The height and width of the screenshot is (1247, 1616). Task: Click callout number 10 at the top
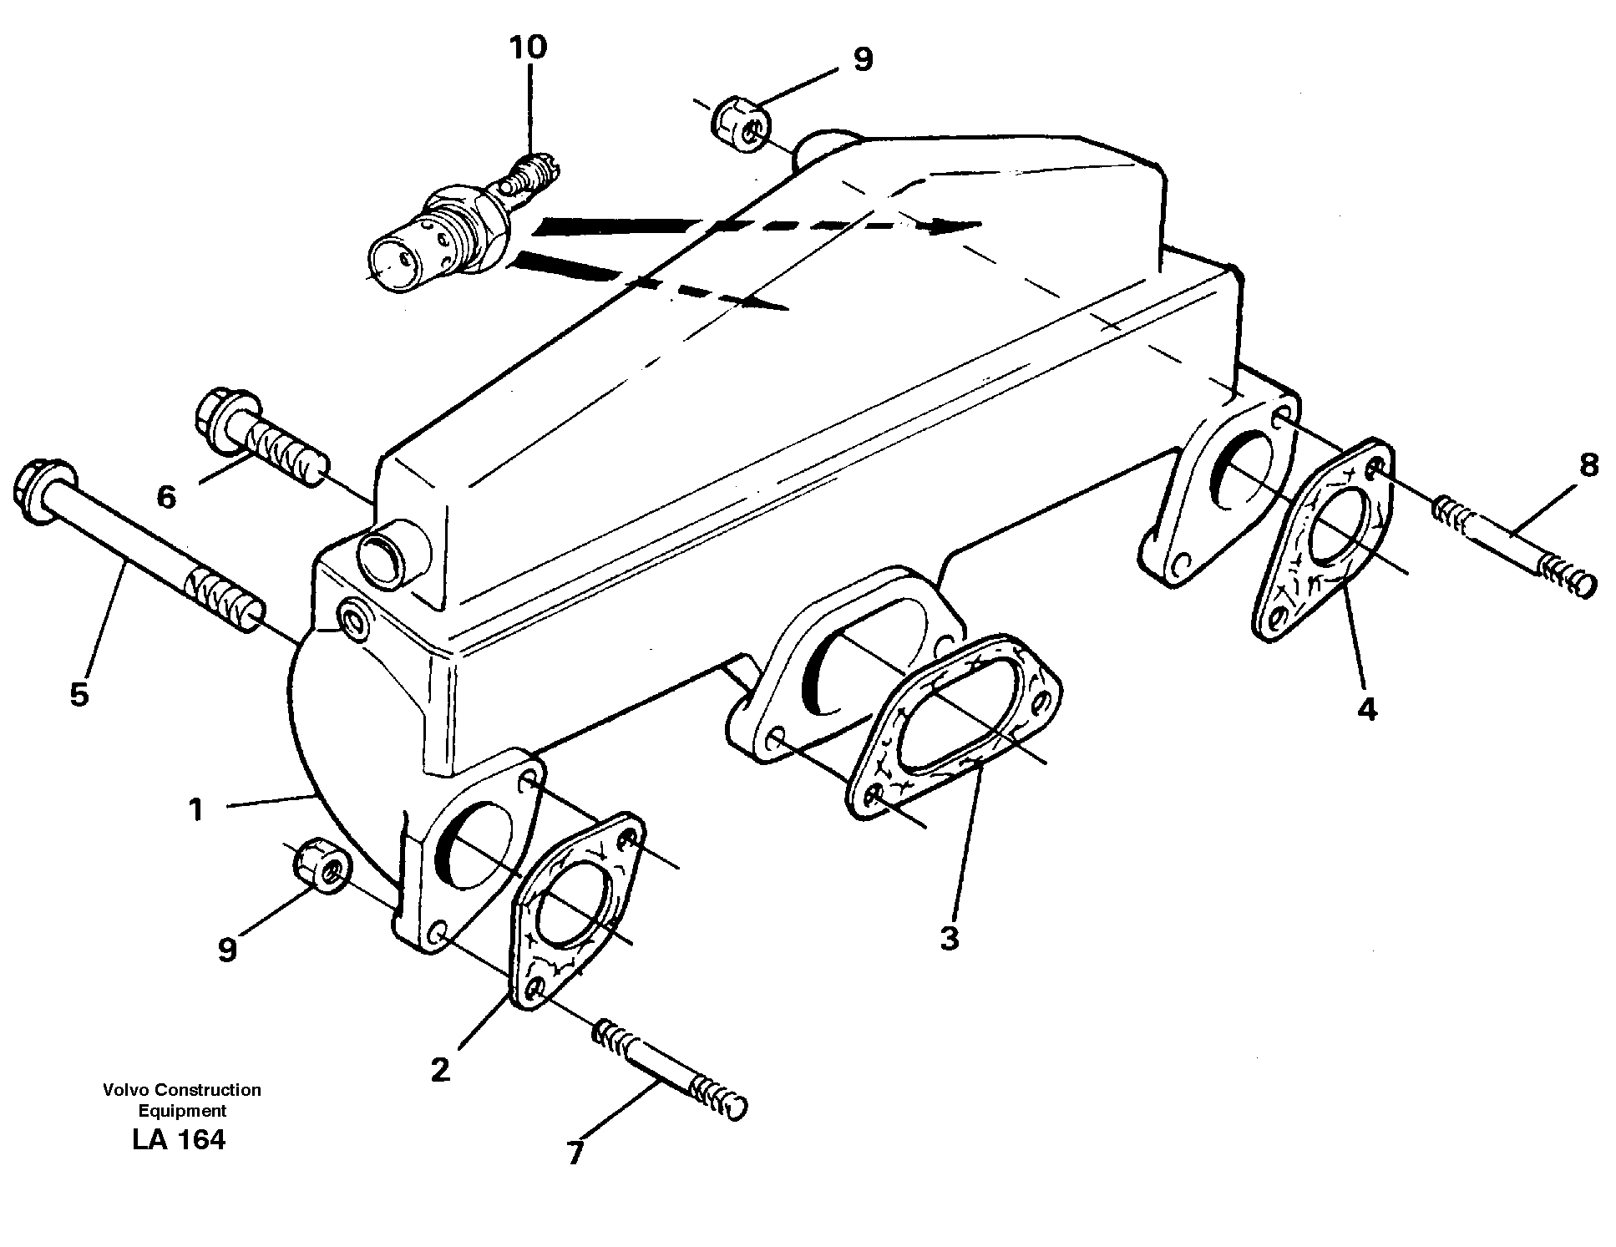click(x=528, y=48)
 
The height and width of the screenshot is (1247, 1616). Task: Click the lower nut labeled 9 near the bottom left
click(x=322, y=864)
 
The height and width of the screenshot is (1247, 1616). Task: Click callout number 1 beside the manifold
click(x=195, y=809)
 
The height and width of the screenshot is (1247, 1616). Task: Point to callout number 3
click(x=950, y=939)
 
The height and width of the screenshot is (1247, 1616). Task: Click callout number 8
click(x=1588, y=465)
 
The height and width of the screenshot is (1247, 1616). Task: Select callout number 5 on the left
click(x=79, y=693)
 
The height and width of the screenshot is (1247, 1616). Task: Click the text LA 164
click(x=179, y=1139)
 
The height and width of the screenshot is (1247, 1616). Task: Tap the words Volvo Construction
click(x=182, y=1089)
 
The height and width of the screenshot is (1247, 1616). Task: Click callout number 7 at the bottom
click(x=575, y=1153)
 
